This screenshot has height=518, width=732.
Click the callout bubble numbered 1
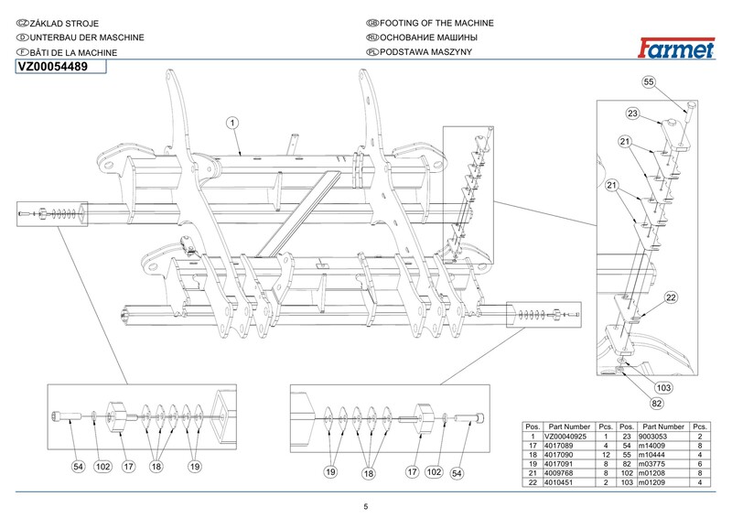point(233,123)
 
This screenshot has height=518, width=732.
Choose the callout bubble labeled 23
point(632,113)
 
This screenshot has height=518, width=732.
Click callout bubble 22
point(671,297)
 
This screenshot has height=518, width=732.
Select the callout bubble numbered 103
point(664,388)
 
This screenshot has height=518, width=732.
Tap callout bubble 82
point(656,403)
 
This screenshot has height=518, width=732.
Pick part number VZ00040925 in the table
point(568,437)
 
